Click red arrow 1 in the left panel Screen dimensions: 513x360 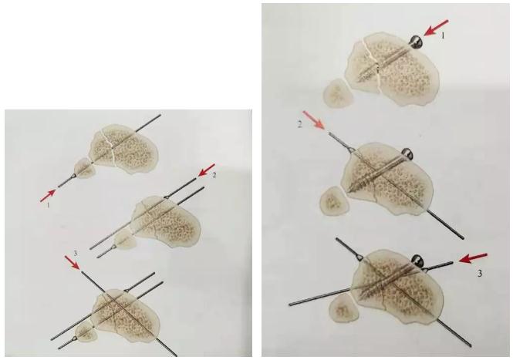[48, 196]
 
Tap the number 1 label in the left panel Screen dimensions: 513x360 [49, 205]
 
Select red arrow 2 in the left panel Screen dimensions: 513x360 [207, 170]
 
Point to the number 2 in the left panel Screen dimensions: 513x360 [214, 175]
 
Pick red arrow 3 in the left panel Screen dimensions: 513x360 [73, 263]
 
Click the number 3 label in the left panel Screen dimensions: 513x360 [76, 254]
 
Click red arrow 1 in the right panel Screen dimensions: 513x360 [436, 28]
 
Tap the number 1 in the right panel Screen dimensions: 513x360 [443, 36]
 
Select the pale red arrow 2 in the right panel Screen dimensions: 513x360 [314, 120]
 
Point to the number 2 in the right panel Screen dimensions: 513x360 [299, 125]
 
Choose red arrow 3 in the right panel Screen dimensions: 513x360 [473, 257]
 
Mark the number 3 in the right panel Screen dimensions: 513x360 [480, 273]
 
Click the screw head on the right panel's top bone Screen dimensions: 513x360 [416, 42]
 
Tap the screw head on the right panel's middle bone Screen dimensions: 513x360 [408, 153]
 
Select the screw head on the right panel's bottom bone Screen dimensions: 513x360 [417, 261]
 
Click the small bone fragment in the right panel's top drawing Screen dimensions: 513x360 [339, 93]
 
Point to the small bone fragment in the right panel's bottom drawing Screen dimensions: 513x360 [343, 307]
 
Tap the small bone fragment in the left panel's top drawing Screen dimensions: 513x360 [84, 168]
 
